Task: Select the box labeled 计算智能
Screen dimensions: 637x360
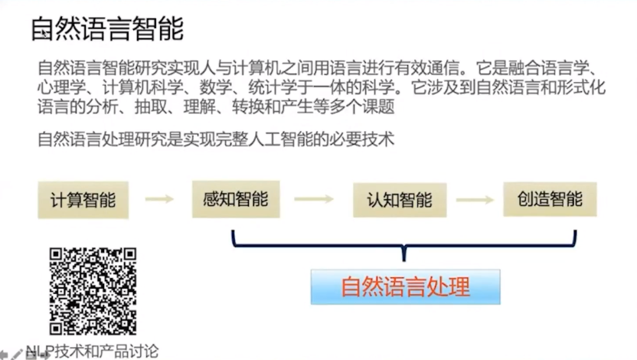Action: point(83,201)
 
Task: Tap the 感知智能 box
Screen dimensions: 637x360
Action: point(236,200)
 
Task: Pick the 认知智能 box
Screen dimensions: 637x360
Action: point(398,200)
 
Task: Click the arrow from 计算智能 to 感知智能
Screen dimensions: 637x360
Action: point(160,200)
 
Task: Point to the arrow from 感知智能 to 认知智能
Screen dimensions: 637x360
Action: point(314,200)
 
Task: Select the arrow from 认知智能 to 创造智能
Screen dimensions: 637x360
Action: point(475,200)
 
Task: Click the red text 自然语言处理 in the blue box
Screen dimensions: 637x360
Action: point(405,287)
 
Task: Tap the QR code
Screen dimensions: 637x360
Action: point(93,291)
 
